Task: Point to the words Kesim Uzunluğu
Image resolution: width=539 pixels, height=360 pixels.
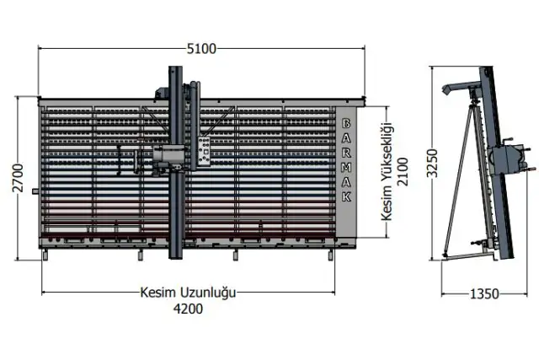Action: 188,293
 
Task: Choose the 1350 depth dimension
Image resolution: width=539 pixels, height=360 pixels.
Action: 483,294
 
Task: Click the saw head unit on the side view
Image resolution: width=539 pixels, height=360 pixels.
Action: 508,158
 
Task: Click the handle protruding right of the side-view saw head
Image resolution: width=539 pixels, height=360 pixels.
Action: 527,153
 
